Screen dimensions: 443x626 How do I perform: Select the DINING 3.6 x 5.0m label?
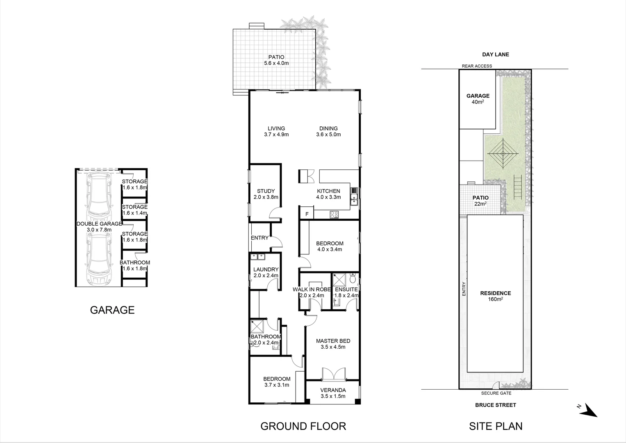pos(328,131)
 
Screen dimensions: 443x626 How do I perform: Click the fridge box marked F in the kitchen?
pos(306,214)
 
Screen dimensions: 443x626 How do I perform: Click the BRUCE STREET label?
pos(496,405)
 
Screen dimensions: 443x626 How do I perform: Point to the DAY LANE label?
pos(496,54)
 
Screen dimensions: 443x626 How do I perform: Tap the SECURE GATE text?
pos(496,393)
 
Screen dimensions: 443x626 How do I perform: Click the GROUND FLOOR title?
pos(303,426)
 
